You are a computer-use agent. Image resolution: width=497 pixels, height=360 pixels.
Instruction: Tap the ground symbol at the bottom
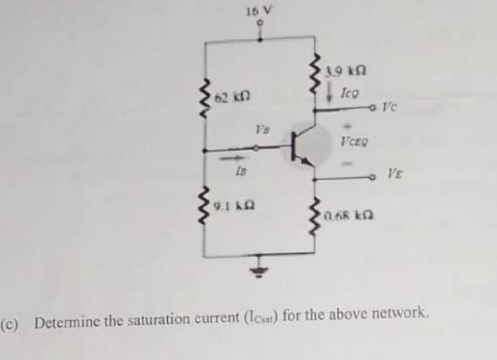[x=261, y=273]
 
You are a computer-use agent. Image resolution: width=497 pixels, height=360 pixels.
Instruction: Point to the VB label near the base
[x=261, y=129]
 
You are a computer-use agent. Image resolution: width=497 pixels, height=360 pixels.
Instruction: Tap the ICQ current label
[x=349, y=91]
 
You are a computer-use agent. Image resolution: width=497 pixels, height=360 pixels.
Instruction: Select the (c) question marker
[x=10, y=323]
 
